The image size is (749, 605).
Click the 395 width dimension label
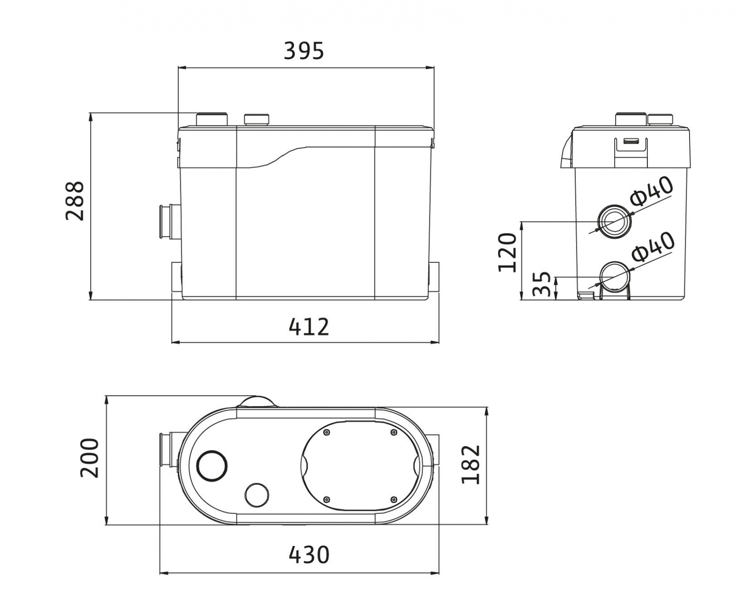303,51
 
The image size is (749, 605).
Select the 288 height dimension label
75,201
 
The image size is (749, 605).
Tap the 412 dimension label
309,327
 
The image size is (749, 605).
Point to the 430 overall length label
309,555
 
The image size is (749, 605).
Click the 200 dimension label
90,457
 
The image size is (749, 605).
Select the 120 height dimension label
507,252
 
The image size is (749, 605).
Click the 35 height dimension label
542,284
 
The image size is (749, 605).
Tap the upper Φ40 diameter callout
651,192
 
